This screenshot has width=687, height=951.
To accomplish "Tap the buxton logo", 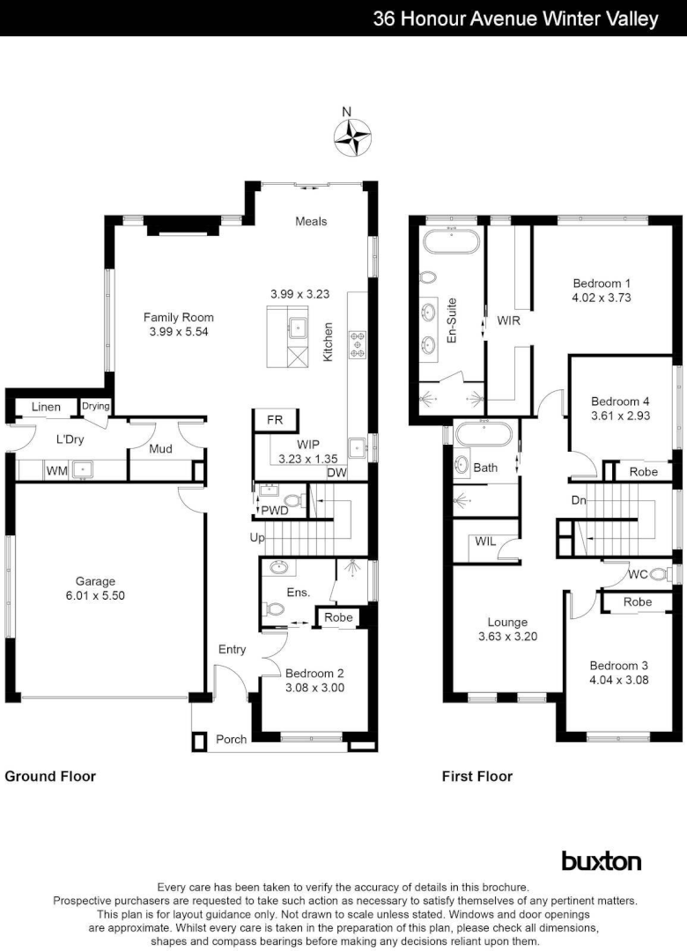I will click(601, 860).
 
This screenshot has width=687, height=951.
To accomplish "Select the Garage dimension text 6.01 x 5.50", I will click(95, 595).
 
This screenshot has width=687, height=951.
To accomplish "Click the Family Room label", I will click(180, 317).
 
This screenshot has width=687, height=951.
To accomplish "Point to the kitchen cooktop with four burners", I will click(358, 343).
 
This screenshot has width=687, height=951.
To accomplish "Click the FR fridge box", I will click(275, 420).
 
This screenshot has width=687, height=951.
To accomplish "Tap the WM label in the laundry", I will click(56, 471).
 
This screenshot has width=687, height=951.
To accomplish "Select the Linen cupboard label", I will click(47, 407).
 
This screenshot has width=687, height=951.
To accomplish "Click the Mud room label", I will click(159, 449).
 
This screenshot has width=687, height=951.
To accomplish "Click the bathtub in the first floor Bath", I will click(485, 434).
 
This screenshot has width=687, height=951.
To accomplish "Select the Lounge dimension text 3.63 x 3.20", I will click(506, 637).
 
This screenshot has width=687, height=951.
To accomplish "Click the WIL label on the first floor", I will click(484, 541).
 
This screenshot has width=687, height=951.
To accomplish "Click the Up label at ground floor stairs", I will click(256, 536).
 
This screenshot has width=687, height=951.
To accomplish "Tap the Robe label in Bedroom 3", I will click(637, 602).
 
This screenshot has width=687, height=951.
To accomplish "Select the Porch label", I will click(231, 739).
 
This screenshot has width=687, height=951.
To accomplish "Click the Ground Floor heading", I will click(50, 776).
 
